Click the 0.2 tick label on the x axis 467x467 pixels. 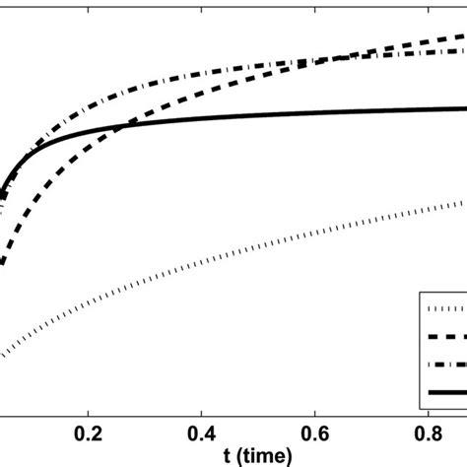(x=89, y=433)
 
